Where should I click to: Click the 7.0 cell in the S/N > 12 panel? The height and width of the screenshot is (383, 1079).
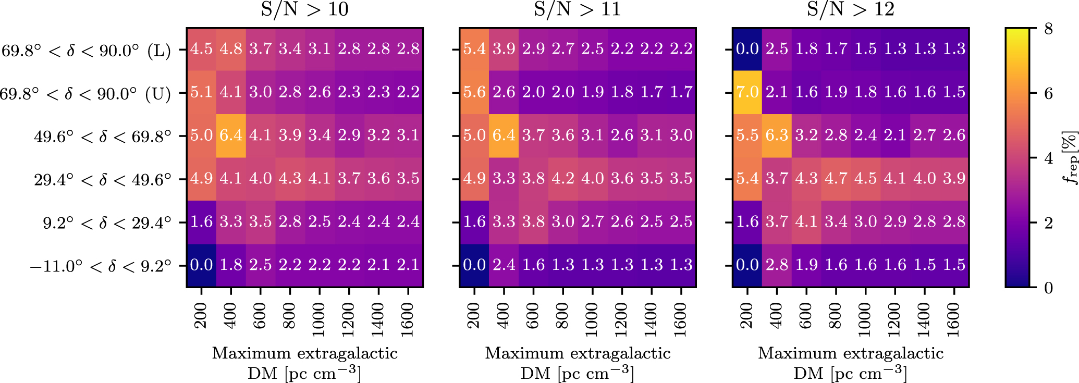coord(747,92)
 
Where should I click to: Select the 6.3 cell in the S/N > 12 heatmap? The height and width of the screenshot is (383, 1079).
coord(777,135)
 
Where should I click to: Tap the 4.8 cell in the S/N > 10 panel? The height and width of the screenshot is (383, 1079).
coord(231,49)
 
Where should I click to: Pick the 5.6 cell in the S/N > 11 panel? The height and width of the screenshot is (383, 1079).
coord(474,92)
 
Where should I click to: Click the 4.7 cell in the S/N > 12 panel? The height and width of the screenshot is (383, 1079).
coord(836,179)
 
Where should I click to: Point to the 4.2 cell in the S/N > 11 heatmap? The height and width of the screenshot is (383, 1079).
coord(563,179)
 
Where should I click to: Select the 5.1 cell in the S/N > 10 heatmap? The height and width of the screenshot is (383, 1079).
coord(201,92)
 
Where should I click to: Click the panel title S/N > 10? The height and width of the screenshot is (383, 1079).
coord(304,9)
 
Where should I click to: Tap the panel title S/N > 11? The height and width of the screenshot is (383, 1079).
coord(578,9)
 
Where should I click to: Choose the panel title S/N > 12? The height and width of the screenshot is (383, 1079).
coord(851,9)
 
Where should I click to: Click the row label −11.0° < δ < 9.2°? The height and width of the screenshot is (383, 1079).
coord(101,266)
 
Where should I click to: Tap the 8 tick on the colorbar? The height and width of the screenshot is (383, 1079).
coord(1048,29)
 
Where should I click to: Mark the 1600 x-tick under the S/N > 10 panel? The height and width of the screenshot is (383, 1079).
coord(408,320)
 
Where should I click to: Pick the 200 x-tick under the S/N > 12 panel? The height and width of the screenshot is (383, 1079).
coord(747,316)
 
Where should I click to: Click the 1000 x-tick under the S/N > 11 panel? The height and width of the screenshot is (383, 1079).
coord(592,320)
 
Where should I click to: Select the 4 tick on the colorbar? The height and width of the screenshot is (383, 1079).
coord(1048,158)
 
